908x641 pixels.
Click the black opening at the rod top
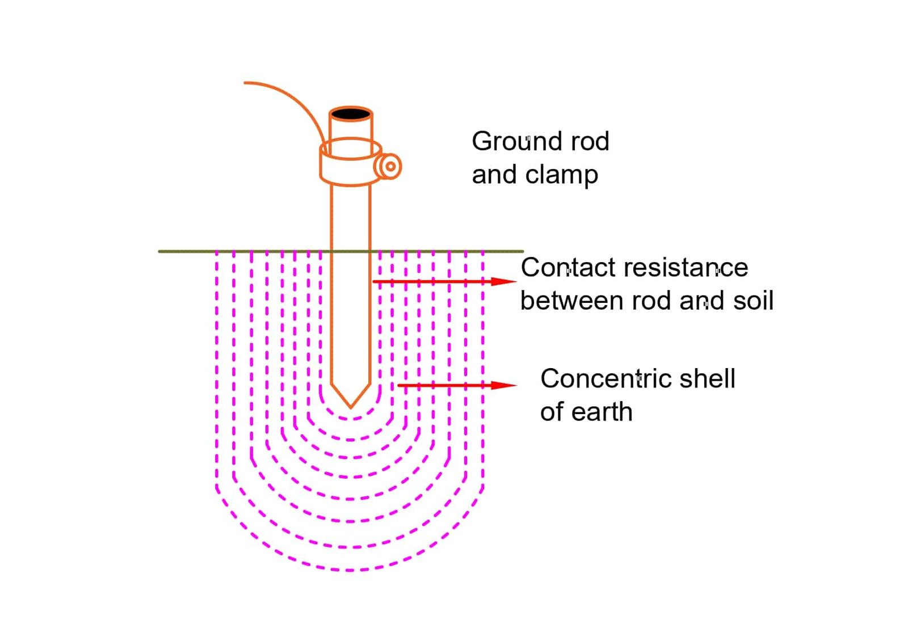click(x=351, y=114)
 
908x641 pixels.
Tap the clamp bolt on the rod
click(x=390, y=167)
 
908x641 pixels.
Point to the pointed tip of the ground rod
click(x=351, y=406)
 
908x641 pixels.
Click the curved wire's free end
click(x=246, y=83)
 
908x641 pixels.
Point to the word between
click(x=571, y=301)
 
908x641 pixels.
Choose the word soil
click(x=753, y=301)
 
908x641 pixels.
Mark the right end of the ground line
click(x=522, y=251)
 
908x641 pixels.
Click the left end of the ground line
click(x=159, y=251)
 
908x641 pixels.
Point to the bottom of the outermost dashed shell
click(x=350, y=570)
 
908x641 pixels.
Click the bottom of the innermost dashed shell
click(x=351, y=419)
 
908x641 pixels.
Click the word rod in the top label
click(x=590, y=141)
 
